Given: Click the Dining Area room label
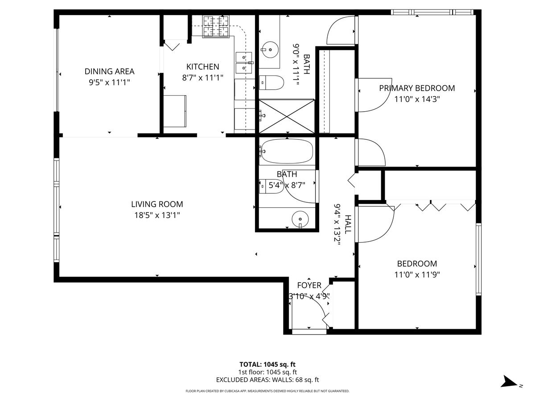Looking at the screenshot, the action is pos(109,71).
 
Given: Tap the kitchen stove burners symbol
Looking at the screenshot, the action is pos(216,26).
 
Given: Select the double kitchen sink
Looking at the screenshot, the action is pos(244,63).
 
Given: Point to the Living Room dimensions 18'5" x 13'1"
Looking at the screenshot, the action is pos(157,215).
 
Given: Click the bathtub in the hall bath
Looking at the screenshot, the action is pos(287,151).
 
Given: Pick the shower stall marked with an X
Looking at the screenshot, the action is pos(287,116).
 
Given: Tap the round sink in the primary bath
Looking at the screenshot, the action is pos(270,50).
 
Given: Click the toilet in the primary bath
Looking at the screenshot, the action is pos(271,83).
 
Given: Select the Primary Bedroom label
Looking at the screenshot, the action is pos(417,88).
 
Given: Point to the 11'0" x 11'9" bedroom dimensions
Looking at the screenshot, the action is pos(417,275).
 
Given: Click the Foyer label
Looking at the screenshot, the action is pos(309,285).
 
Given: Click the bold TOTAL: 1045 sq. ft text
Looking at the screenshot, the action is pos(267,364).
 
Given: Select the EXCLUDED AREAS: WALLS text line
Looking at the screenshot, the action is pos(267,380).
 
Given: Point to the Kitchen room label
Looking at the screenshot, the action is pos(203,67).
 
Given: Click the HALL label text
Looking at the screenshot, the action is pos(348,224).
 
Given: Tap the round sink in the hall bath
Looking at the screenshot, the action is pos(300,219).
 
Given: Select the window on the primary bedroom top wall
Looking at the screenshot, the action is pos(432,12).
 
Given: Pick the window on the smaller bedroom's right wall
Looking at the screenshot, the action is pos(479,259).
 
